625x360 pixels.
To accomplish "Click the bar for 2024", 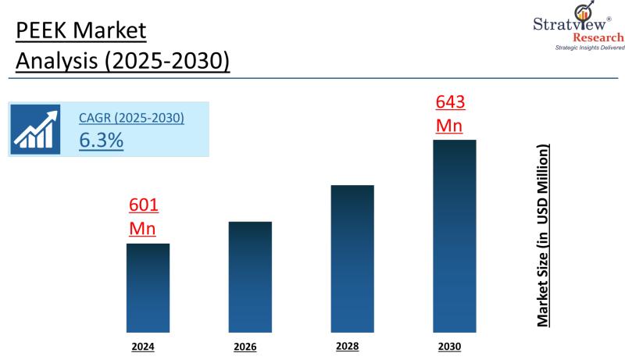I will tap(148, 287).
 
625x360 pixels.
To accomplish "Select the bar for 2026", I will tap(250, 276).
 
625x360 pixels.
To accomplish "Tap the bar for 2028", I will tap(352, 258).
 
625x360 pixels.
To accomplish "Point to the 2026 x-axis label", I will tap(245, 347).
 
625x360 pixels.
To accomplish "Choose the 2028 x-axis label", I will tap(348, 345).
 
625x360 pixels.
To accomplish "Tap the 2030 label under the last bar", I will tap(451, 345).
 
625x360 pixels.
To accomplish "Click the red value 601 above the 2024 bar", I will tap(143, 206).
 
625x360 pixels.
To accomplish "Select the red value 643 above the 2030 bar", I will tap(449, 102).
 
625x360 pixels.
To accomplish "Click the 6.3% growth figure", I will tap(101, 141).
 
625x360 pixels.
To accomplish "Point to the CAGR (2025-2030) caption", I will tap(131, 119).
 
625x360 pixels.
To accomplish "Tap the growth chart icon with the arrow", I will tap(37, 130).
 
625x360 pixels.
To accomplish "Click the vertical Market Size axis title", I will tap(541, 235).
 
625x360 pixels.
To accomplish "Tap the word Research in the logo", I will tap(598, 37).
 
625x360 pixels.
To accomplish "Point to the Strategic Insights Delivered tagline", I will tap(589, 48).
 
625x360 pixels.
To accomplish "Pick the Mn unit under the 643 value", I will tap(449, 125).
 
